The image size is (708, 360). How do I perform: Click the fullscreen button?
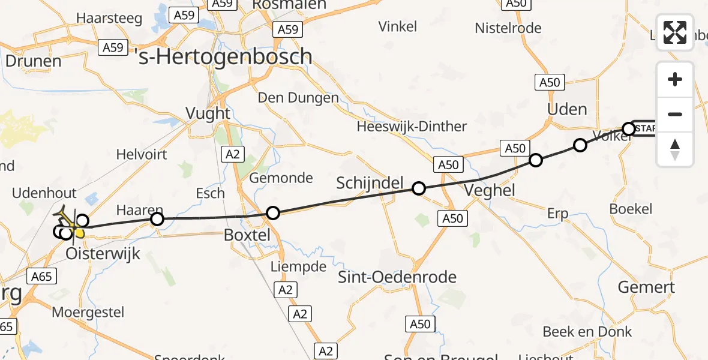[x=675, y=32]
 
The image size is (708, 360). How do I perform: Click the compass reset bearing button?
[x=675, y=149]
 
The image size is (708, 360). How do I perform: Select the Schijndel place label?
[x=370, y=183]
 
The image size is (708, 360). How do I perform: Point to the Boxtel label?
[x=247, y=235]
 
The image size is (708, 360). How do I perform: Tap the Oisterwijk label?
[x=103, y=253]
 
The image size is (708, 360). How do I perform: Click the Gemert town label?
[x=646, y=287]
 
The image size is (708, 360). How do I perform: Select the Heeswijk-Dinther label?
[x=412, y=127]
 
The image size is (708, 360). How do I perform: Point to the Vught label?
[x=208, y=113]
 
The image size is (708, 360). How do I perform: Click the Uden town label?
[x=567, y=109]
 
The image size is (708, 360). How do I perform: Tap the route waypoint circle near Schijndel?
[x=419, y=188]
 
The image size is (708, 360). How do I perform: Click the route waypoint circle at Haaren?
[x=157, y=219]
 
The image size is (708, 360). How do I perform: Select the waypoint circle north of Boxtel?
[x=273, y=212]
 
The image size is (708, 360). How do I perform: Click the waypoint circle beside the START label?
[x=629, y=128]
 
